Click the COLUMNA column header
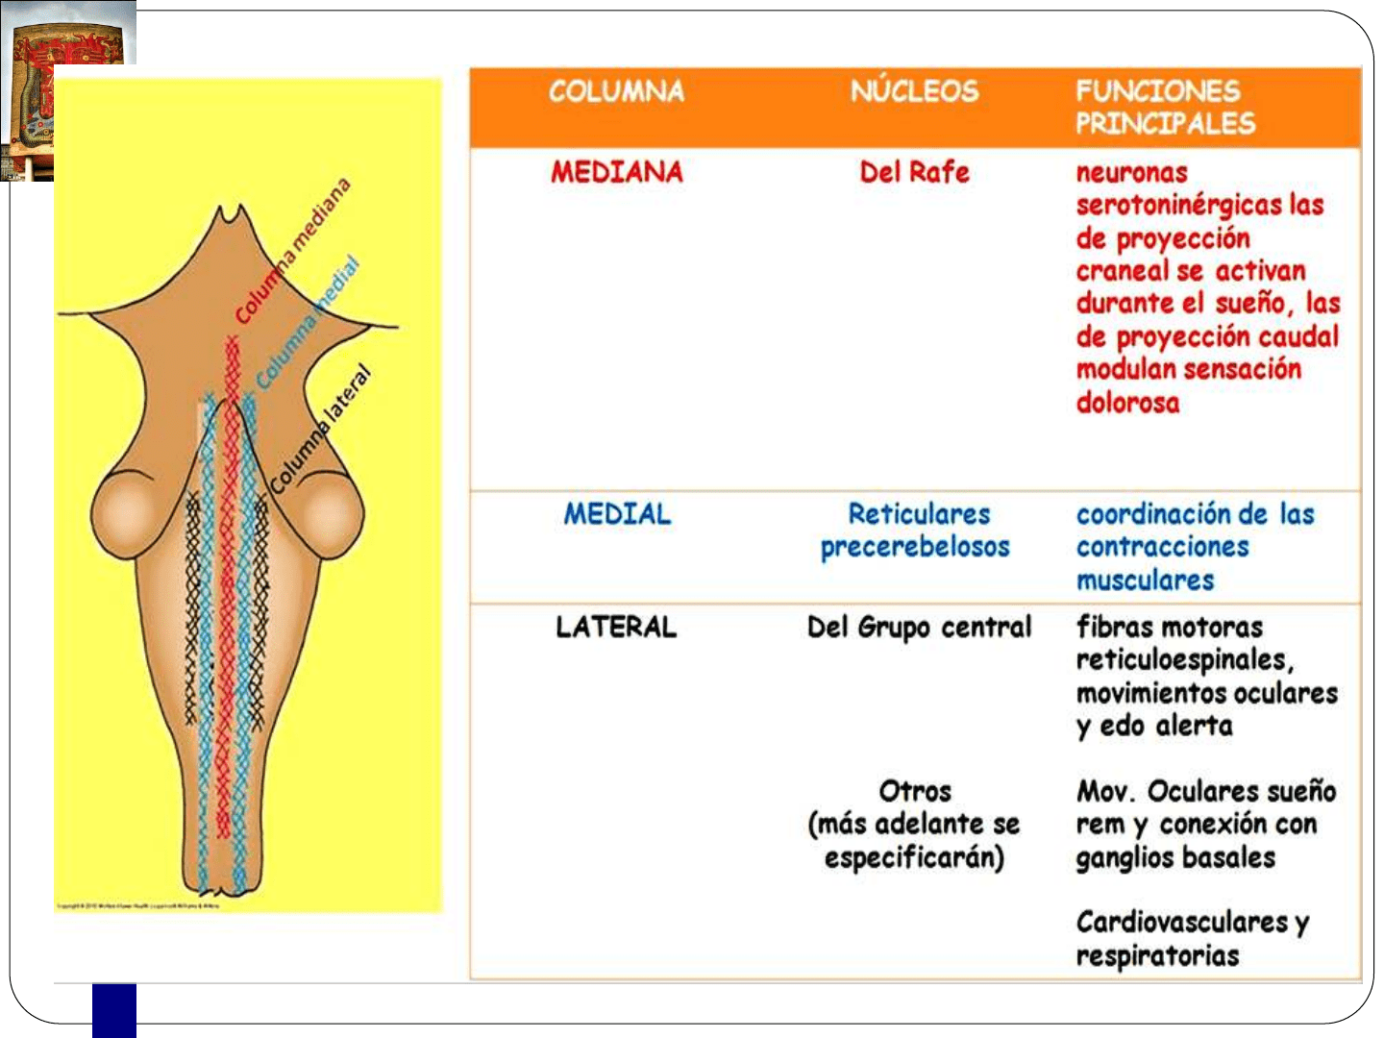click(x=616, y=91)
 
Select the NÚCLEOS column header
click(x=914, y=91)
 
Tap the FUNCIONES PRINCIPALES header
click(x=1165, y=107)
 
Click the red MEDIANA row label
click(x=616, y=172)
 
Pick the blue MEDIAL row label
click(x=617, y=514)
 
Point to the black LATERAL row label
click(x=616, y=627)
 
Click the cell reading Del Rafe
click(x=914, y=172)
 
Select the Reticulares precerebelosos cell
click(x=915, y=531)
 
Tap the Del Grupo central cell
click(x=919, y=627)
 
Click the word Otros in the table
click(x=915, y=791)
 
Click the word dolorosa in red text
click(x=1127, y=402)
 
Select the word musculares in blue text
click(x=1145, y=581)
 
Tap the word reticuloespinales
click(x=1184, y=660)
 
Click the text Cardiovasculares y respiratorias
click(x=1192, y=938)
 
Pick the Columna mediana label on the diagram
click(x=293, y=251)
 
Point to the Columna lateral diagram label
click(x=320, y=429)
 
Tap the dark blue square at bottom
click(x=114, y=1010)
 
